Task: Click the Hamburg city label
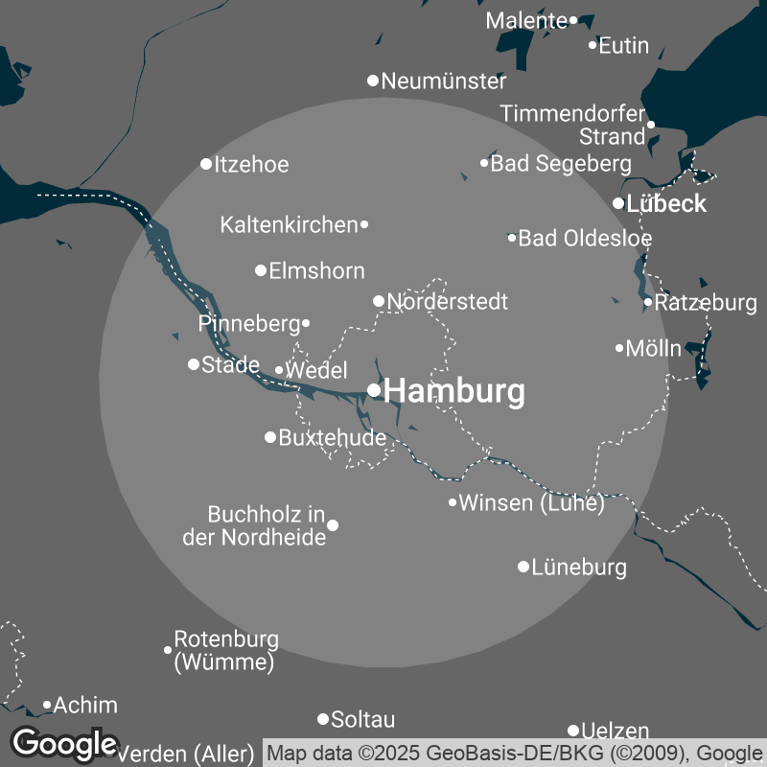pyautogui.click(x=454, y=391)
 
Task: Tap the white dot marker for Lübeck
pyautogui.click(x=618, y=203)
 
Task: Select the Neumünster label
pyautogui.click(x=444, y=81)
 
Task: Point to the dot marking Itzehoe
pyautogui.click(x=206, y=164)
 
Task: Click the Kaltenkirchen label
pyautogui.click(x=289, y=225)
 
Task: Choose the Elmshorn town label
pyautogui.click(x=316, y=270)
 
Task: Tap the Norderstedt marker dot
pyautogui.click(x=379, y=301)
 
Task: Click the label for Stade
pyautogui.click(x=230, y=364)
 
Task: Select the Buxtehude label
pyautogui.click(x=332, y=438)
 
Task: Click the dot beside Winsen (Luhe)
pyautogui.click(x=453, y=502)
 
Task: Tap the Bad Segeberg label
pyautogui.click(x=561, y=164)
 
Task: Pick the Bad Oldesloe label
pyautogui.click(x=585, y=238)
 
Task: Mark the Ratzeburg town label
pyautogui.click(x=707, y=303)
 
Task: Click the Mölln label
pyautogui.click(x=653, y=348)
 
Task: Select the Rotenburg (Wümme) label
pyautogui.click(x=226, y=650)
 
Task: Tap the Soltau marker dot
pyautogui.click(x=323, y=719)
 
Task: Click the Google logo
pyautogui.click(x=64, y=743)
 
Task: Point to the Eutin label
pyautogui.click(x=623, y=45)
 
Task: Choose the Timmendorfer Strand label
pyautogui.click(x=573, y=125)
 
